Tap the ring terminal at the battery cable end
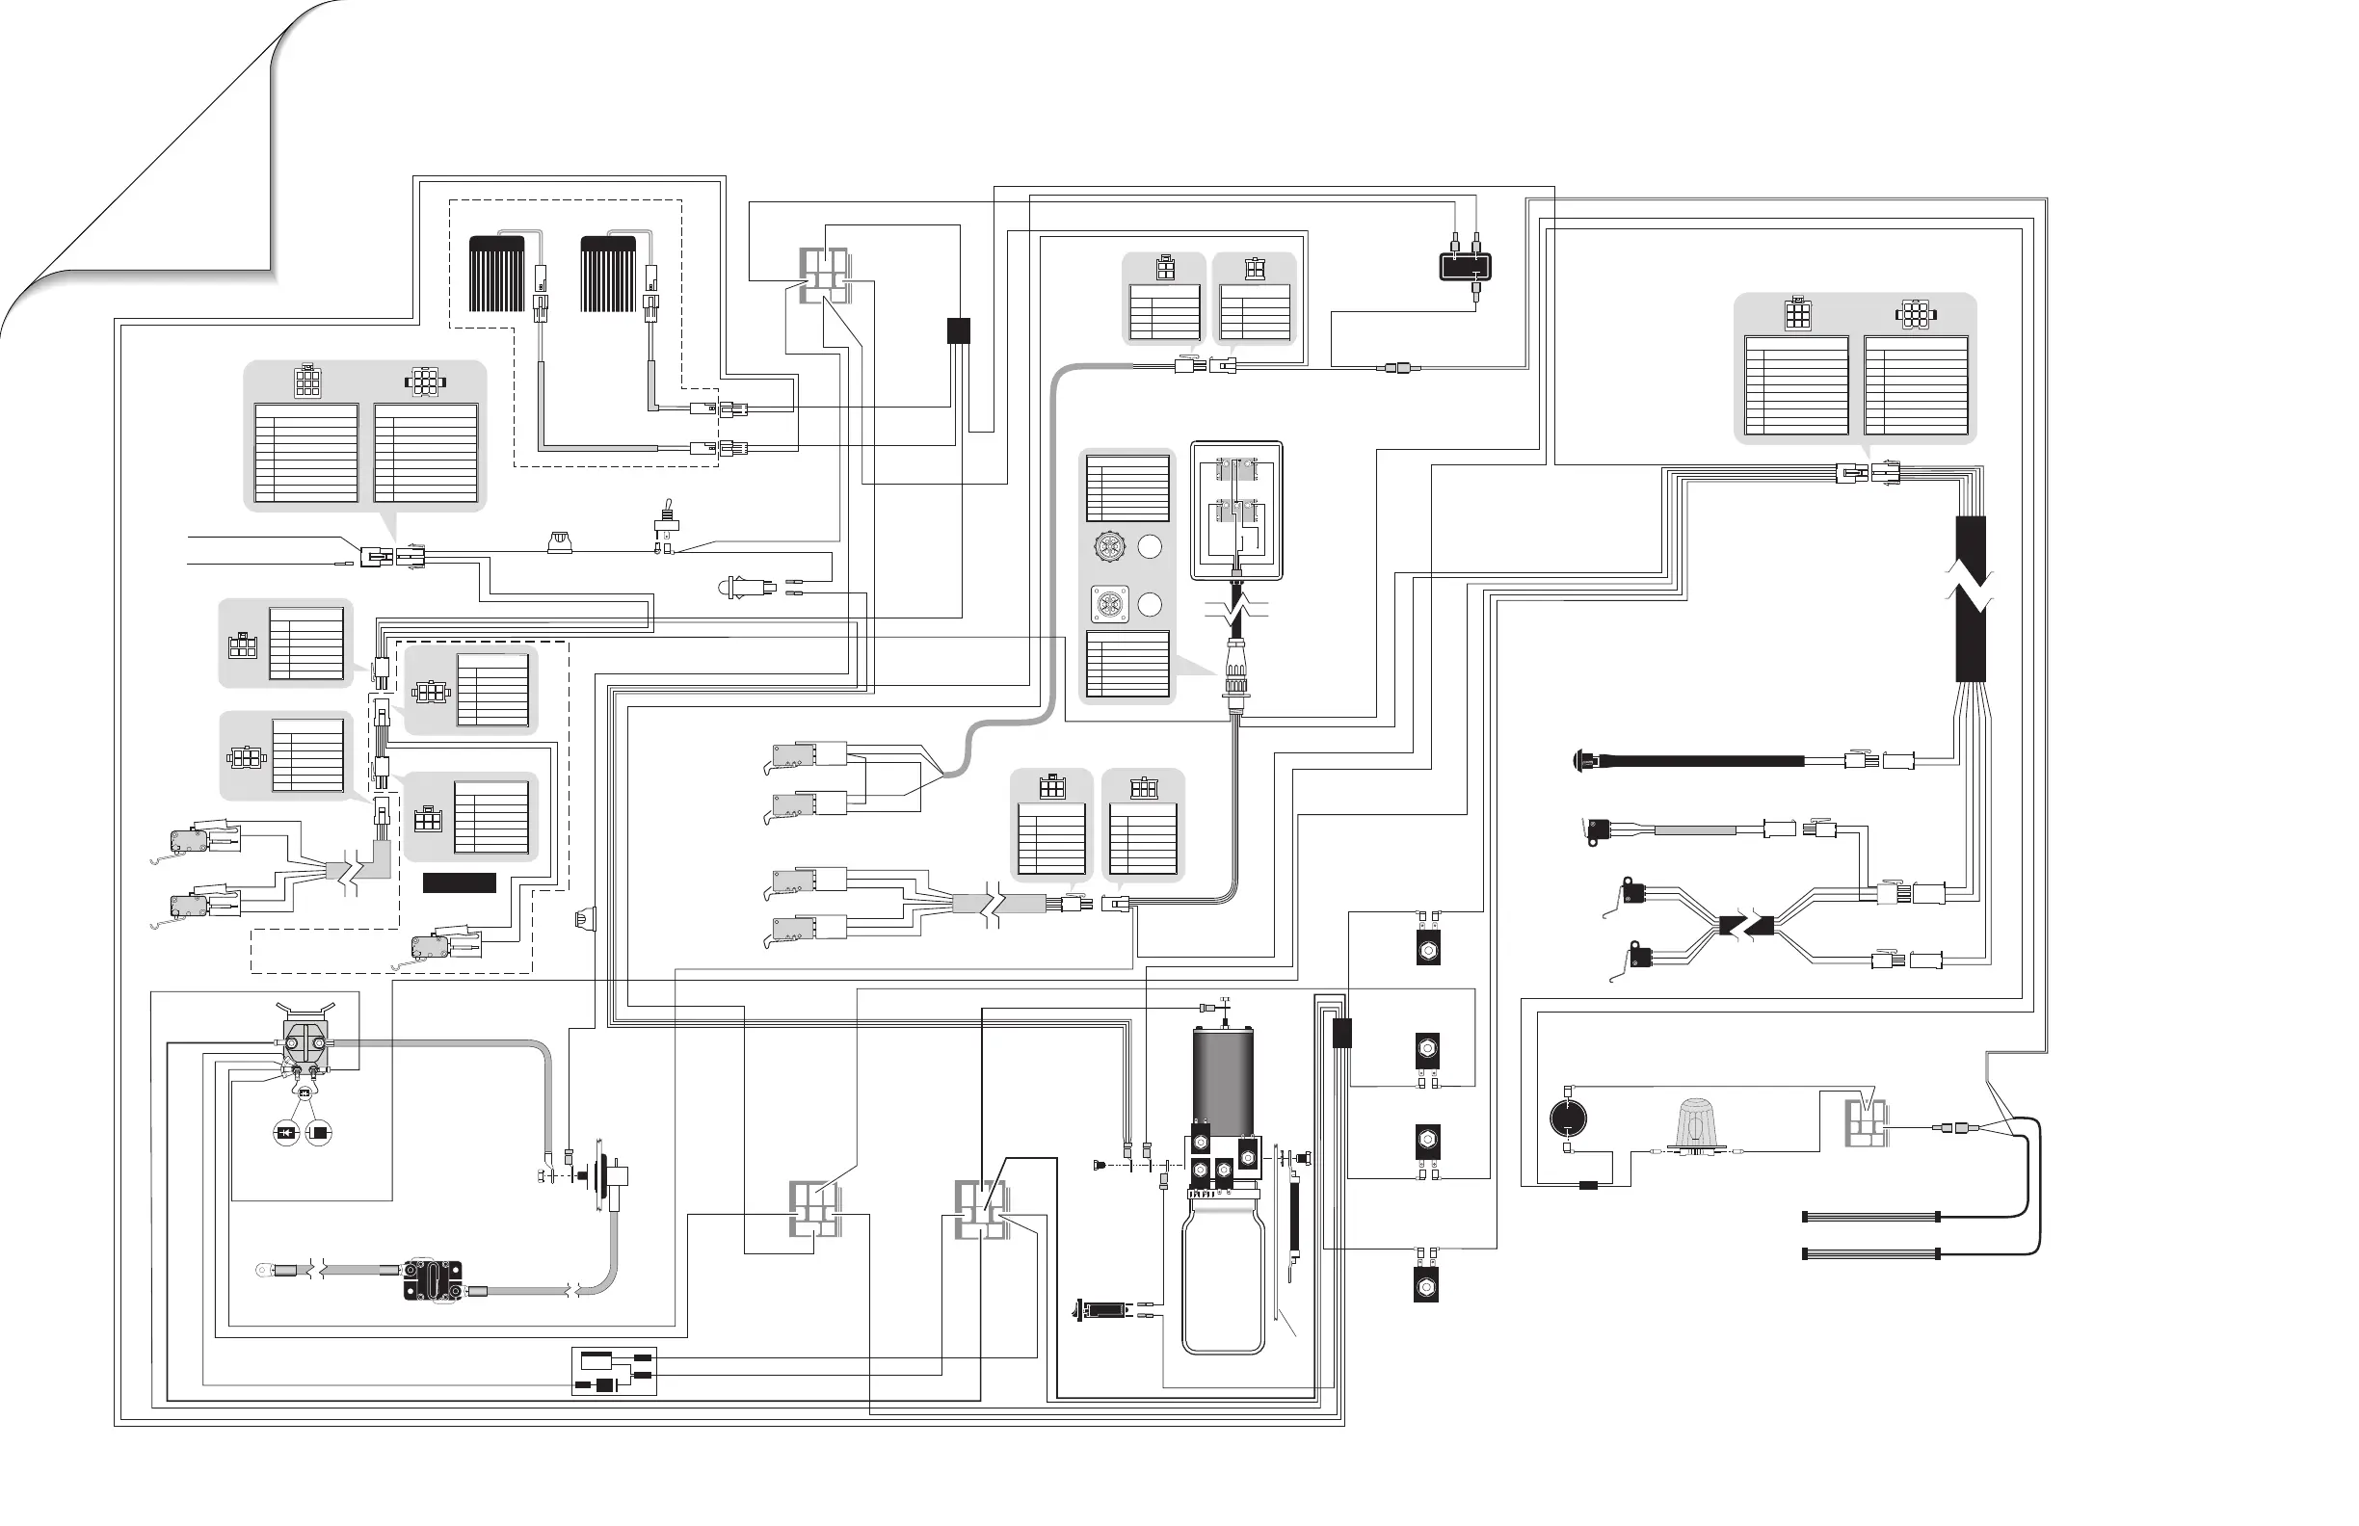click(265, 1269)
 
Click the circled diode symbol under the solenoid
click(286, 1133)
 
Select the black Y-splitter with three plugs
click(1465, 266)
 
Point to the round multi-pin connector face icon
click(1108, 546)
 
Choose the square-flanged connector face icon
click(1108, 603)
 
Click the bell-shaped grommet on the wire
click(560, 542)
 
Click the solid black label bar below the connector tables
click(459, 882)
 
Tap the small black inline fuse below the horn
click(1588, 1185)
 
